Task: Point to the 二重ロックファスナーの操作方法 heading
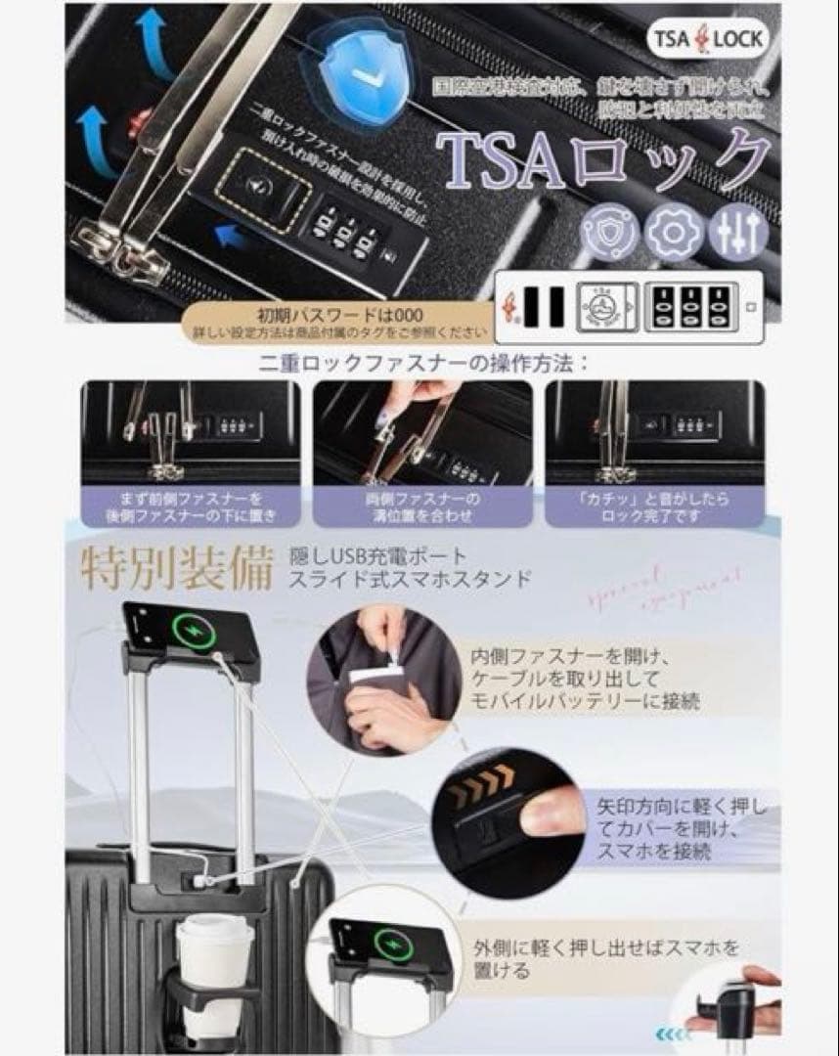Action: (x=424, y=364)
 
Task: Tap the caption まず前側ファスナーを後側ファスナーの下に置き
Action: (x=191, y=506)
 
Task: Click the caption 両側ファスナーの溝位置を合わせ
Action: (x=422, y=506)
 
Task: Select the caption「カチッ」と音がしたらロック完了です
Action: (x=652, y=506)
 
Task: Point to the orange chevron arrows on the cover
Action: (x=482, y=783)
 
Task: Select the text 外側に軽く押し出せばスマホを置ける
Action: (x=606, y=958)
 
